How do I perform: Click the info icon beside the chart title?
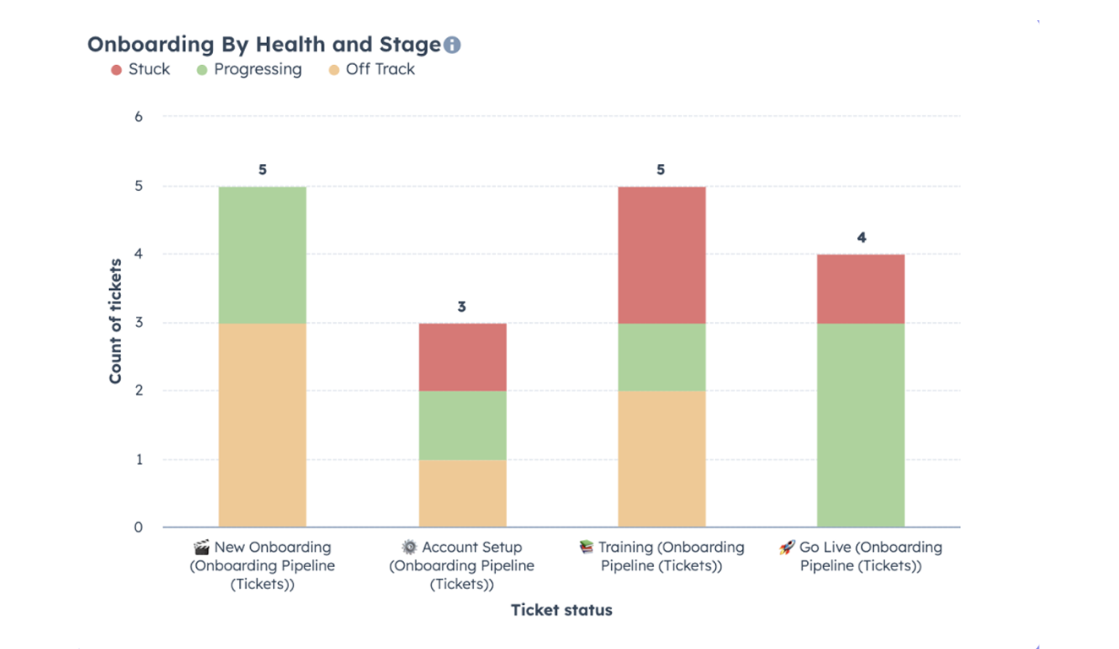tap(452, 45)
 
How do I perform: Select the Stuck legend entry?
tap(140, 69)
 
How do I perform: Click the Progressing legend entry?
tap(248, 69)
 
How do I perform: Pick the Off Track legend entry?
tap(371, 69)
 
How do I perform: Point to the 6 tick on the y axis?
tap(139, 117)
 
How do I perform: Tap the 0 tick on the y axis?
tap(139, 527)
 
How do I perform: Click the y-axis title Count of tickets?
tap(116, 321)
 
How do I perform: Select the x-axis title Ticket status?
tap(561, 609)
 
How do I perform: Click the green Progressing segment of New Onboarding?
tap(262, 254)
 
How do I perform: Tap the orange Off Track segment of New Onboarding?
tap(262, 425)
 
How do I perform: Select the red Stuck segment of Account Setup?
tap(462, 357)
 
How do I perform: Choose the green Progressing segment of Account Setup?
tap(462, 425)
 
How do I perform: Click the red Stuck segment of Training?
tap(661, 254)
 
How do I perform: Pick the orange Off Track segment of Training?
tap(661, 459)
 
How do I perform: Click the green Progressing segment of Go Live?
tap(860, 425)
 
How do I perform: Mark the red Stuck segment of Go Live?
tap(860, 288)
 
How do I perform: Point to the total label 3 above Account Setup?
tap(461, 307)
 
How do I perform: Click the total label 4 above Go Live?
tap(861, 238)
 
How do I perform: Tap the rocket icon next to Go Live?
tap(787, 548)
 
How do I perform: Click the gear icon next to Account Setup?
tap(409, 548)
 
